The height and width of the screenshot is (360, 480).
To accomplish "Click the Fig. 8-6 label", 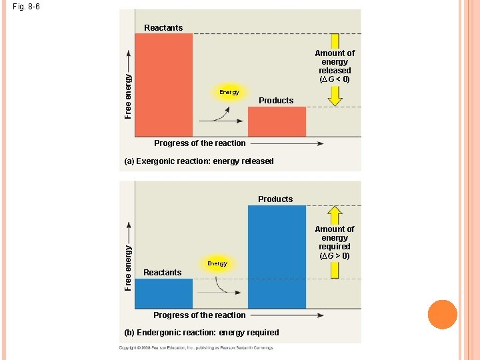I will click(x=26, y=7).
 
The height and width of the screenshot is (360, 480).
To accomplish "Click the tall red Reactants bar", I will click(x=164, y=85).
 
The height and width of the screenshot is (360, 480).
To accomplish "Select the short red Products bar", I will click(x=277, y=121).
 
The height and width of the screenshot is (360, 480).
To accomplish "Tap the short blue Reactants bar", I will click(x=164, y=293).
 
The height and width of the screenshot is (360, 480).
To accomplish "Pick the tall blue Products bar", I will click(x=277, y=257).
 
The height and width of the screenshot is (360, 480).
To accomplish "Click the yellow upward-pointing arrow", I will click(x=335, y=215).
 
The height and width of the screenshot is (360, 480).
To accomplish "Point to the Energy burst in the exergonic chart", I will click(x=229, y=92).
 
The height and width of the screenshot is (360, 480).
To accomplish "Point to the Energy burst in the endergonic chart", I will click(x=217, y=263).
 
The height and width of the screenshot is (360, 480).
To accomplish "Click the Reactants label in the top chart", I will click(x=163, y=27).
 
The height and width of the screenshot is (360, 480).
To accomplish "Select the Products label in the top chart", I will click(x=276, y=101).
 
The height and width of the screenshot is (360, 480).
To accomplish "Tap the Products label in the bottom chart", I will click(x=275, y=199).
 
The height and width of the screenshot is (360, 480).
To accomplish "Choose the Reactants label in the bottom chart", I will click(x=163, y=273).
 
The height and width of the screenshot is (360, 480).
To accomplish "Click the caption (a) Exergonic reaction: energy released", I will click(x=199, y=161).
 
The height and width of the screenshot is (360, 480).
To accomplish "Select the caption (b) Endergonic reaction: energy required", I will click(x=202, y=332).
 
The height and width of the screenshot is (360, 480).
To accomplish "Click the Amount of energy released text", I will click(x=335, y=66).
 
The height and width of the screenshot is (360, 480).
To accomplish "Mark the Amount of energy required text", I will click(x=335, y=242).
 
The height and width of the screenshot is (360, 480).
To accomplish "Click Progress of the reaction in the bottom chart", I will click(x=199, y=315).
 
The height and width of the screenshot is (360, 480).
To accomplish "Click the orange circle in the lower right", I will click(x=442, y=315).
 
